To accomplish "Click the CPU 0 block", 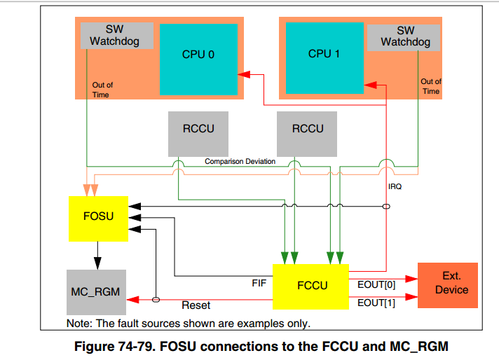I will [198, 54].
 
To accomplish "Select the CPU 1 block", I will [324, 54].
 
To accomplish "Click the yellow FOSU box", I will [98, 216].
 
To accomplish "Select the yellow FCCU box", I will [310, 286].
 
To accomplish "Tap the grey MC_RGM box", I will [96, 291].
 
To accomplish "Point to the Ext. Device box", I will [447, 284].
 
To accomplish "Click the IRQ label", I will [395, 187].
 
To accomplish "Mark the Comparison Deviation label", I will [240, 162].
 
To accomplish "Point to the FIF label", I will [259, 284].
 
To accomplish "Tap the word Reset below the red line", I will [196, 306].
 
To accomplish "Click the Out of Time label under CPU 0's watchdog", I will [102, 90].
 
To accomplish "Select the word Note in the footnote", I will [78, 324].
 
